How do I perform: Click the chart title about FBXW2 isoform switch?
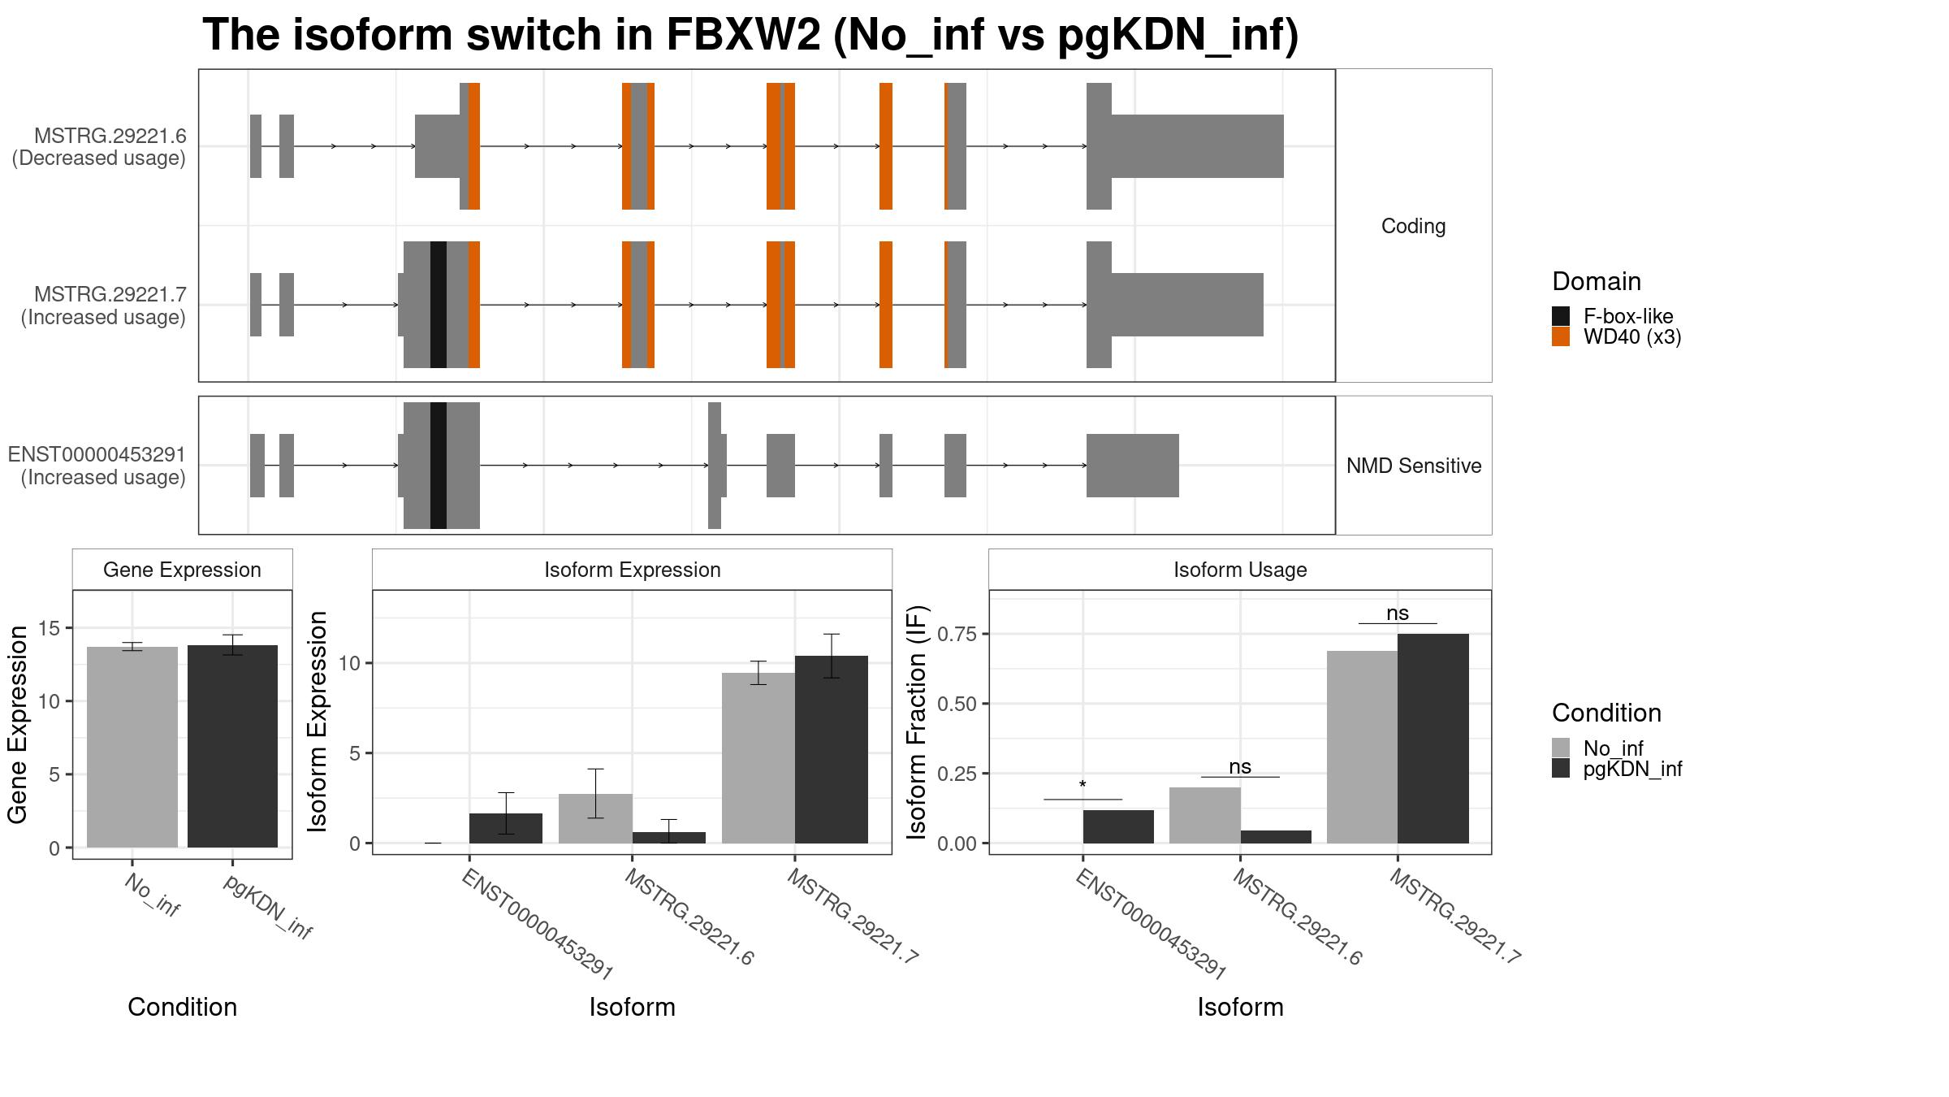[750, 35]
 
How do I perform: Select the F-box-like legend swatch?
[1561, 316]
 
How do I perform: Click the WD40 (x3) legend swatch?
[1561, 336]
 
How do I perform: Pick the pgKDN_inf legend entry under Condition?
[1617, 768]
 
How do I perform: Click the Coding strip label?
[1413, 226]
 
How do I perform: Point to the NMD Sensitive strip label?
[1414, 466]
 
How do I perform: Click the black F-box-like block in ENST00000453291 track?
[439, 466]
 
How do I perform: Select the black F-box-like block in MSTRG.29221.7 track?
[439, 305]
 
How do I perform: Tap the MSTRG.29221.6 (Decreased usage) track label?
[99, 147]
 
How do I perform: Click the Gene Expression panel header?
[182, 570]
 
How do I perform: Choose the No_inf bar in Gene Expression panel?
[132, 747]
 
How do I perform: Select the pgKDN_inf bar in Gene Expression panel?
[233, 746]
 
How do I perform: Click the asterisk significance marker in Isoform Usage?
[1083, 785]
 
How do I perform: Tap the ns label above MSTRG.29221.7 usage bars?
[1398, 614]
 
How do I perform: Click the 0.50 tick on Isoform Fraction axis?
[959, 704]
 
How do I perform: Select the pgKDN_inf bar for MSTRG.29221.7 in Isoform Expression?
[832, 749]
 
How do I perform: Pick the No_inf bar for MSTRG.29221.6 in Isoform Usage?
[1205, 815]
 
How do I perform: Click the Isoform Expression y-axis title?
[318, 722]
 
